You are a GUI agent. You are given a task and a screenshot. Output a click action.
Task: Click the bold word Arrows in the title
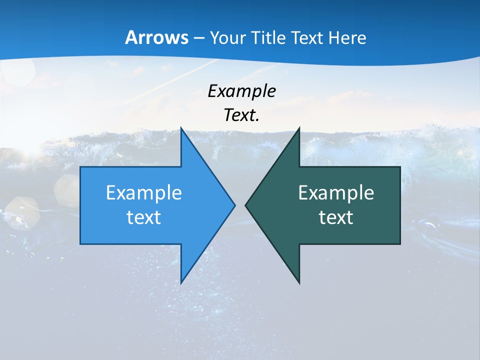156,37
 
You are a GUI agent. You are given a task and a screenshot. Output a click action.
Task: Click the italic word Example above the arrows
241,91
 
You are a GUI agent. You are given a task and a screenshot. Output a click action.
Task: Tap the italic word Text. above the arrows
241,115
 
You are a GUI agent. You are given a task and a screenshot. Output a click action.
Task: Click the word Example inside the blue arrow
144,192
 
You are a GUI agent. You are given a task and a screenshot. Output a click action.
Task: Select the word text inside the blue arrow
144,217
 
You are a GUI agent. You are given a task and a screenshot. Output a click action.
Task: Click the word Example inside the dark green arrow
336,192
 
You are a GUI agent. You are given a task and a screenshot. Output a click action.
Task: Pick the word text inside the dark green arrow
336,217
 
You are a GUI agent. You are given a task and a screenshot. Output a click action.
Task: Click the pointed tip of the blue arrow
235,205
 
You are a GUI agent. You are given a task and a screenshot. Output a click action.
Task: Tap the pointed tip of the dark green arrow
245,205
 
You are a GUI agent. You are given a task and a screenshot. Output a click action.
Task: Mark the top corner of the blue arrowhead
181,128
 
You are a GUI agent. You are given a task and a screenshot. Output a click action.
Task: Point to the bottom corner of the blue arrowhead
181,283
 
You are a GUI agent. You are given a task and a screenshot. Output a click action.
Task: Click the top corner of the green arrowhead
299,128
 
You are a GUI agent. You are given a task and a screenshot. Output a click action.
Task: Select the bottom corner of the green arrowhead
299,283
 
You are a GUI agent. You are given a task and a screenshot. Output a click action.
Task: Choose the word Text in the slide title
306,38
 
